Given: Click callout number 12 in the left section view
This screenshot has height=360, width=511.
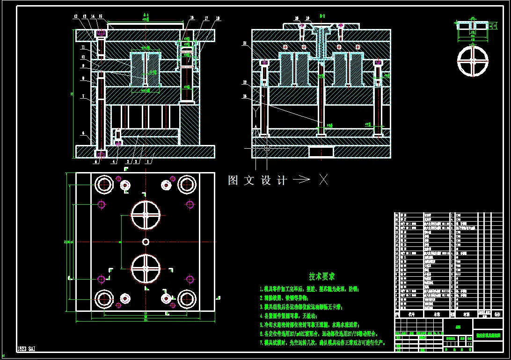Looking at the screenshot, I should pyautogui.click(x=75, y=16).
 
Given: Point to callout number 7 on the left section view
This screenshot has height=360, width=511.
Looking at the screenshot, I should pyautogui.click(x=83, y=96).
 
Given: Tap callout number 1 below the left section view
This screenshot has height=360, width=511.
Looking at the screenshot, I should pyautogui.click(x=148, y=162).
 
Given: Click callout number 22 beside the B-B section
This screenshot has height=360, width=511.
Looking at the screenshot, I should pyautogui.click(x=245, y=82).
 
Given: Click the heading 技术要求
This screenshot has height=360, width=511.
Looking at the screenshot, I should pyautogui.click(x=322, y=277).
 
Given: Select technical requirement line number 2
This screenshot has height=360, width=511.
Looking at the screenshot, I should pyautogui.click(x=284, y=297).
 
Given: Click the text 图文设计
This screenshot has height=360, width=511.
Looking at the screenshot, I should pyautogui.click(x=257, y=180).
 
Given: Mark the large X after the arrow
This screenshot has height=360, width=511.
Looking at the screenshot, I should pyautogui.click(x=323, y=180).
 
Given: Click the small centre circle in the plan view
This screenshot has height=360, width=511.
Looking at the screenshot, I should pyautogui.click(x=146, y=241).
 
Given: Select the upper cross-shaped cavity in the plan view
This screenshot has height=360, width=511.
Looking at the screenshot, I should pyautogui.click(x=146, y=215).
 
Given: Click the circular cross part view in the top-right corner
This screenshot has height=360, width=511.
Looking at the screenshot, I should pyautogui.click(x=473, y=61).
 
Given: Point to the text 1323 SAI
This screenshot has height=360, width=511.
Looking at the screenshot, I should pyautogui.click(x=26, y=349).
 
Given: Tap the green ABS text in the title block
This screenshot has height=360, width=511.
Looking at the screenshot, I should pyautogui.click(x=458, y=327).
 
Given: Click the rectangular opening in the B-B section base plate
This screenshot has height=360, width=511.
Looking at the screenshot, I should pyautogui.click(x=321, y=151).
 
